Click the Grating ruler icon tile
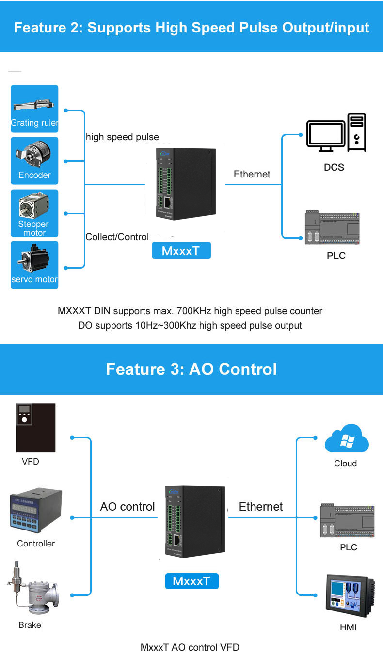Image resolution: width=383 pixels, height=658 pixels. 34,109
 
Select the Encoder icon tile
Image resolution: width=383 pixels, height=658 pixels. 34,160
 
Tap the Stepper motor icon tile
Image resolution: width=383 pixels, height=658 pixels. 34,213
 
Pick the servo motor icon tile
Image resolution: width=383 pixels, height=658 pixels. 34,265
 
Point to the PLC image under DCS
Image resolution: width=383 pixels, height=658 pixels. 333,228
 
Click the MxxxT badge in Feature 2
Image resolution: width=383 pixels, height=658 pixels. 181,251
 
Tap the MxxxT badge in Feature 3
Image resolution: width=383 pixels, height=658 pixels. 191,581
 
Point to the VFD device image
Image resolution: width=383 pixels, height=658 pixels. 36,428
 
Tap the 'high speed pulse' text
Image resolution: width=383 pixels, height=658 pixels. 122,137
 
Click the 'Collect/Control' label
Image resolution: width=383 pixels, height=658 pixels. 117,237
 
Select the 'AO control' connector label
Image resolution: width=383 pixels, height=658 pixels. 127,507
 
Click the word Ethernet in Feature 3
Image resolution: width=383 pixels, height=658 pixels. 260,507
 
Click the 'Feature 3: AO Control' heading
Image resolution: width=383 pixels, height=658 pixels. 191,369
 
